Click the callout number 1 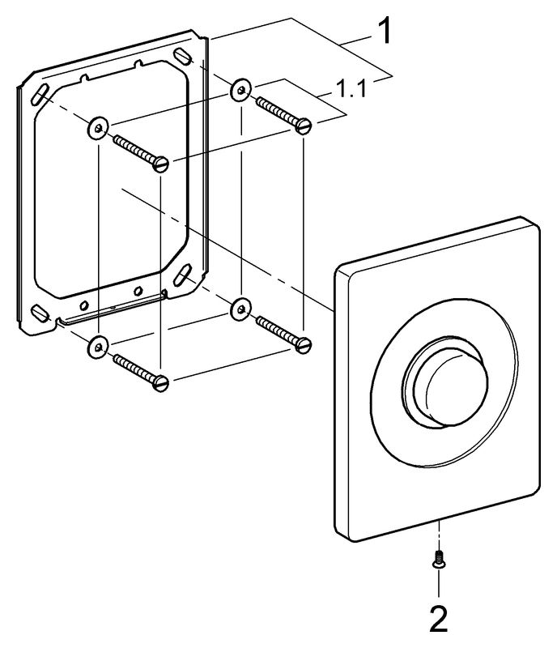[385, 32]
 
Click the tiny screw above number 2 [438, 559]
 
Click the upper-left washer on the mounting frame [98, 126]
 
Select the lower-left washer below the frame [97, 346]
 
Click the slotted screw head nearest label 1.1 [304, 126]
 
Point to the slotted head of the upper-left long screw [161, 163]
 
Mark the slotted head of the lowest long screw [161, 382]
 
